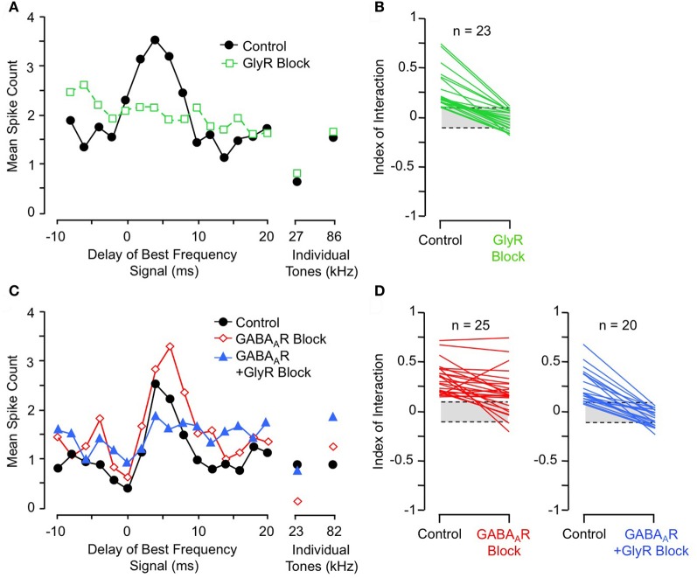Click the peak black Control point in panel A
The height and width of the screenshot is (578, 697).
[x=155, y=40]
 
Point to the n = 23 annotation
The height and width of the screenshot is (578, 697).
[x=470, y=35]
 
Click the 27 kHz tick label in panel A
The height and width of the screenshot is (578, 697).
[x=296, y=235]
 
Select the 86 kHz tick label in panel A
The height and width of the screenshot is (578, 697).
[x=332, y=235]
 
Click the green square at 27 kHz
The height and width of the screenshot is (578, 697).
[x=296, y=174]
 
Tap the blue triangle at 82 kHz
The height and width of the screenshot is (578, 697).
[x=332, y=417]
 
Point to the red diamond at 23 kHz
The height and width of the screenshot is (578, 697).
[x=296, y=501]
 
